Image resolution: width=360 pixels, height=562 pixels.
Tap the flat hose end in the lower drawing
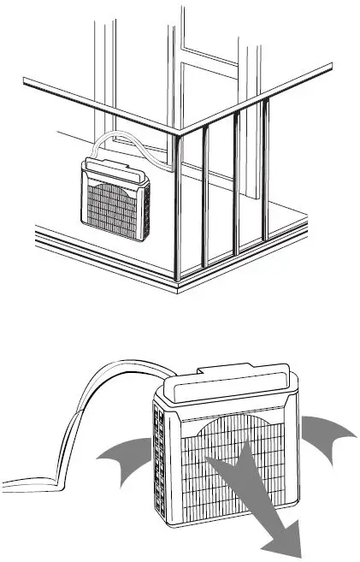point(26,479)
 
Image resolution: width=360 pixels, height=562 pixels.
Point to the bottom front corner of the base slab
point(176,291)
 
